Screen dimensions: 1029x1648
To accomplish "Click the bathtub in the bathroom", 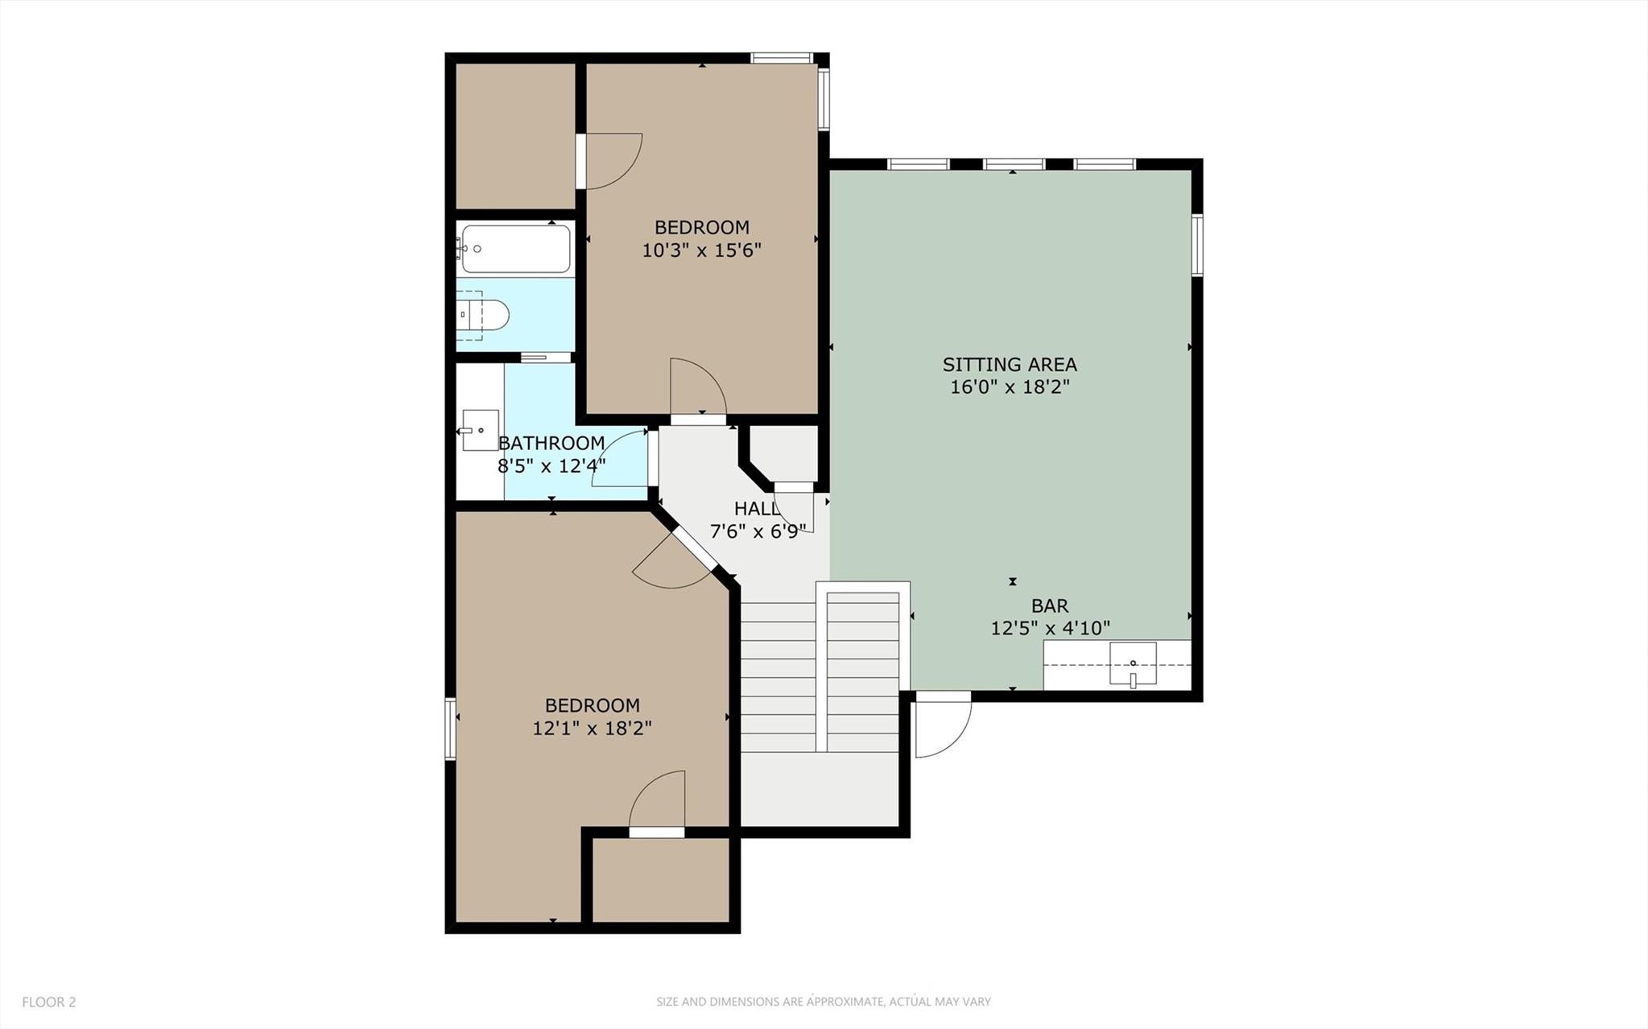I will click(x=515, y=249).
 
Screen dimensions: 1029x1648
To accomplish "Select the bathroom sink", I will click(x=480, y=430).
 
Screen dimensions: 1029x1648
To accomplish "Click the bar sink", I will click(x=1133, y=664).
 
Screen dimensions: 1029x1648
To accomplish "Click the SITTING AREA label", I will click(x=1010, y=365).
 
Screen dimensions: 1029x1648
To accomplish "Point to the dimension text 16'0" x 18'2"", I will click(x=1010, y=387).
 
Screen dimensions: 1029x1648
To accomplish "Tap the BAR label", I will click(x=1050, y=605).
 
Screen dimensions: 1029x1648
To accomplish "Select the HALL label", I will click(x=756, y=509).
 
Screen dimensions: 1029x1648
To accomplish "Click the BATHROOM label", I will click(x=551, y=443).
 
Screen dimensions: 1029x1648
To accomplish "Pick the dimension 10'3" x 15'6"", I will click(x=701, y=250).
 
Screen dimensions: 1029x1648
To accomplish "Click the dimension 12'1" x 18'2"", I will click(x=592, y=729).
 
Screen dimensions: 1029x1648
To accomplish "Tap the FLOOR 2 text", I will click(x=49, y=1002).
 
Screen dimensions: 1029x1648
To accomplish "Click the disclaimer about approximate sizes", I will click(x=823, y=1002).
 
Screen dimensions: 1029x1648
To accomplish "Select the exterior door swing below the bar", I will click(x=942, y=725).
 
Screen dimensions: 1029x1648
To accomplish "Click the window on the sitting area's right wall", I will click(x=1197, y=246).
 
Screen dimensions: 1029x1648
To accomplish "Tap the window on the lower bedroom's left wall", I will click(x=451, y=729).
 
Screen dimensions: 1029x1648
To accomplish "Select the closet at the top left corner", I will click(x=515, y=135).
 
